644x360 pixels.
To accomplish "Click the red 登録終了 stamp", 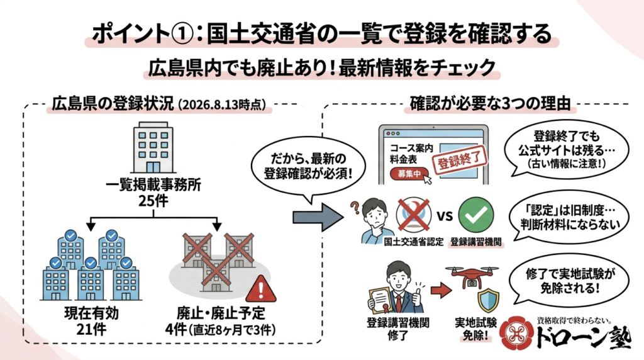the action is click(x=460, y=160).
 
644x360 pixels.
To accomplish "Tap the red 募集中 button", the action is click(x=408, y=174).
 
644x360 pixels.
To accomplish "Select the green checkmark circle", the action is click(x=475, y=215).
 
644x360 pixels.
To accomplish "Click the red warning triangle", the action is click(x=261, y=289).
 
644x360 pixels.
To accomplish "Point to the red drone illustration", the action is click(x=472, y=276).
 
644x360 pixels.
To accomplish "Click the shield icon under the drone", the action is click(x=488, y=301).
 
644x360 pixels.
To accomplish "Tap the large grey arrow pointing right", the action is click(x=318, y=217).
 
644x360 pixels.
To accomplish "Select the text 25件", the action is click(x=153, y=201).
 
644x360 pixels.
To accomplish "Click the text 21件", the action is click(x=91, y=329).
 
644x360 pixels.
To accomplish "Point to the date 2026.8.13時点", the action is click(x=222, y=105).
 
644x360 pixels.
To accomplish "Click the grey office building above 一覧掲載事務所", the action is click(x=153, y=147).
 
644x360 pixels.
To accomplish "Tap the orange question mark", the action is click(x=355, y=207).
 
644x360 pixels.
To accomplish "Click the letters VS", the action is click(x=445, y=216).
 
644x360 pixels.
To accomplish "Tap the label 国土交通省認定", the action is click(x=414, y=242).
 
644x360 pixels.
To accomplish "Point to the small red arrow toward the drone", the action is click(x=440, y=291).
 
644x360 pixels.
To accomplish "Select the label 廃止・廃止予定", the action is click(x=221, y=313).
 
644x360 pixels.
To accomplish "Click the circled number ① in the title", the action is click(x=180, y=34).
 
